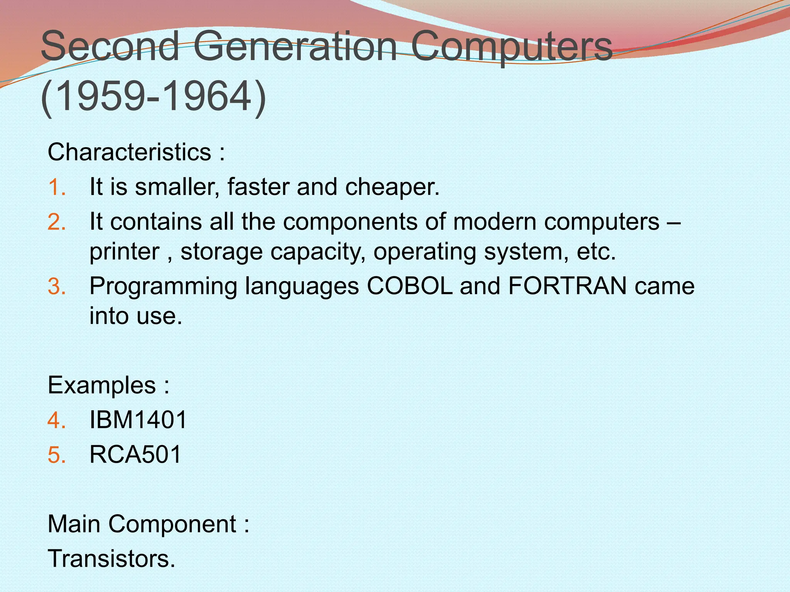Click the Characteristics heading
click(x=136, y=152)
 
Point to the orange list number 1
click(x=57, y=187)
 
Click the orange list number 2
click(x=57, y=222)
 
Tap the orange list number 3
click(x=57, y=286)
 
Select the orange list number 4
click(x=57, y=420)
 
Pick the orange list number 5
click(x=57, y=454)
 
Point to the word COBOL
click(x=409, y=286)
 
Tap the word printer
click(x=124, y=252)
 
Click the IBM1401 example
click(x=138, y=420)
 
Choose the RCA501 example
click(x=135, y=454)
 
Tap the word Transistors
click(x=111, y=558)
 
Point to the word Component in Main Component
click(x=172, y=525)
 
